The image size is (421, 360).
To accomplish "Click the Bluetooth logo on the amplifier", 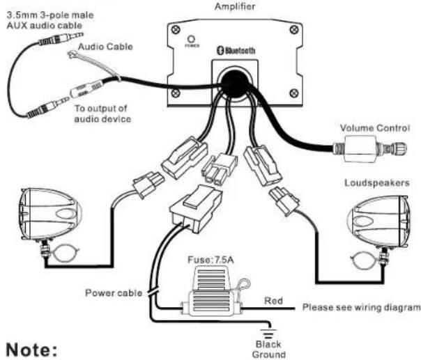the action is pos(236,50).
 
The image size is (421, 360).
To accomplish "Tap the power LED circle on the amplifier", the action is pos(191,39).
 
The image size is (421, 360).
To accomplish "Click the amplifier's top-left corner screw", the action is pos(176,29).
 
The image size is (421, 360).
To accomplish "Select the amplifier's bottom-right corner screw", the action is pos(294,93).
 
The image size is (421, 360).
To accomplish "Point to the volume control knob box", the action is pos(360,149).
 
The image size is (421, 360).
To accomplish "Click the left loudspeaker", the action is pos(50,214).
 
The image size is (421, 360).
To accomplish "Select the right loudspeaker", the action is pos(378,222).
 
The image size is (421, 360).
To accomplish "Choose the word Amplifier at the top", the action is pos(235,6).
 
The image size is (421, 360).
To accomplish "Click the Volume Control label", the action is pos(375,128).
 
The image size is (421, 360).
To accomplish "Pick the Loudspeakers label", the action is pos(377,183).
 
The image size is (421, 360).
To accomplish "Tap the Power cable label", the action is pos(114,292).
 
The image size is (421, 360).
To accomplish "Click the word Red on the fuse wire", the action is pos(273,301).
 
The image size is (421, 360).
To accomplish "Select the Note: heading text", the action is pos(31,350).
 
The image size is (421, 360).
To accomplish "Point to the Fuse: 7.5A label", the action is pos(210,260).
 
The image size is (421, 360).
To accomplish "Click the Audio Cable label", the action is pos(105,47).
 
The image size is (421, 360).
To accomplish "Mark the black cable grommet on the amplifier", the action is pos(236,83).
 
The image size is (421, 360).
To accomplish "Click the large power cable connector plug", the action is pos(196,208).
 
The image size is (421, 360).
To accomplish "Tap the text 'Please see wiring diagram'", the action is pos(361,307).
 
